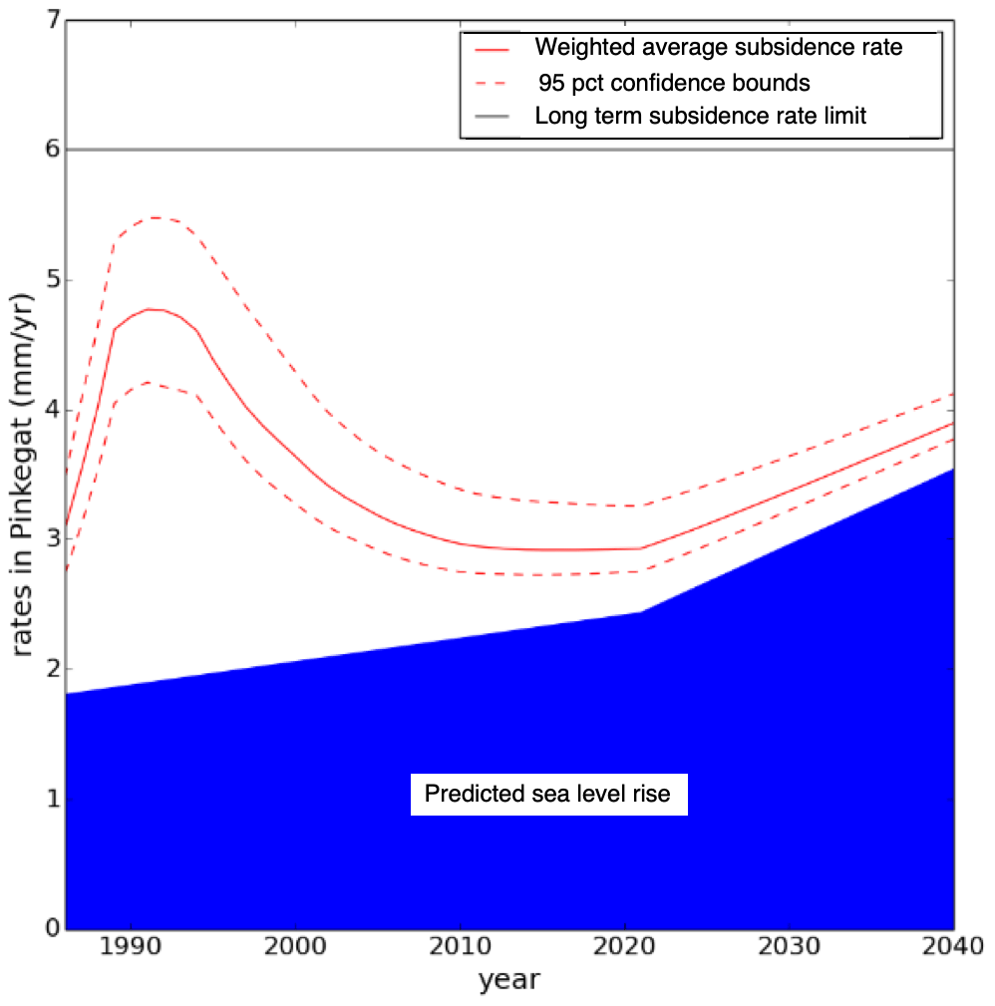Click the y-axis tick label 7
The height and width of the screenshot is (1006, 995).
pos(46,20)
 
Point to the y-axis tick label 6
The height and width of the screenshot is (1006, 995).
pos(46,150)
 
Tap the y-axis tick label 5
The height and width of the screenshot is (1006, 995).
pos(46,280)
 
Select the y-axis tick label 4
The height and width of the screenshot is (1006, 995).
pos(46,410)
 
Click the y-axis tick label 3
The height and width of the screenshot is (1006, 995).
pos(46,539)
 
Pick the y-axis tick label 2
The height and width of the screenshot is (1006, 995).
pos(46,670)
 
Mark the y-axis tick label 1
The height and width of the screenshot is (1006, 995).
pos(46,800)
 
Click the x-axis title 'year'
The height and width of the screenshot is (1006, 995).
pos(508,980)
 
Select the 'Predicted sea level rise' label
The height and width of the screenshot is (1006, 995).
pos(548,795)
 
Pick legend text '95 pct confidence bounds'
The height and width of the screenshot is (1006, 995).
pos(674,81)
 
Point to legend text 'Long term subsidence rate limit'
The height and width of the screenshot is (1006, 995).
pos(701,115)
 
